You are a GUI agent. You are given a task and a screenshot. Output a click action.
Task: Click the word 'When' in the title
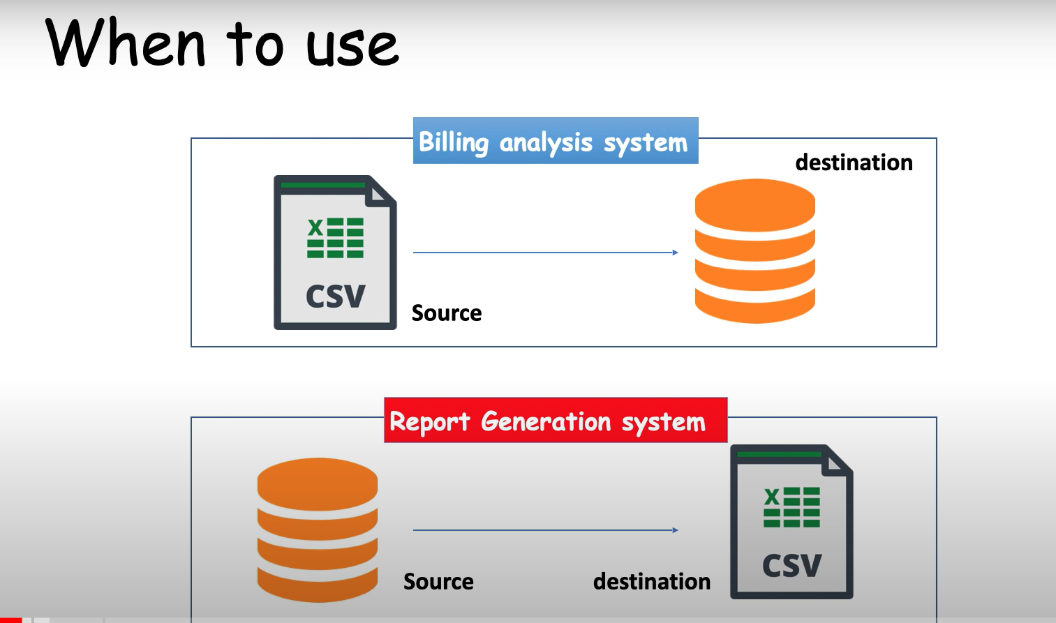pos(126,43)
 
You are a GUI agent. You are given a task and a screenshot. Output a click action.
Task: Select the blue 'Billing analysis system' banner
pos(556,140)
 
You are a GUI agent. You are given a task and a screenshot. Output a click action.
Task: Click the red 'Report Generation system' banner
pos(556,420)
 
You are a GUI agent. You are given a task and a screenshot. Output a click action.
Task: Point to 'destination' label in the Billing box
pos(854,162)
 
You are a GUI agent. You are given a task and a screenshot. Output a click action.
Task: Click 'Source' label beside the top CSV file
pos(447,313)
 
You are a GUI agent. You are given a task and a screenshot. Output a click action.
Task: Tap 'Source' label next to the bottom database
pos(438,581)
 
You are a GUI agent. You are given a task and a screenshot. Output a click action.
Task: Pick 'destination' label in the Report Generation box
pos(651,581)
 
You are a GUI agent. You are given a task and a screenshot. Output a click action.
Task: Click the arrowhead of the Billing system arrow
pos(675,253)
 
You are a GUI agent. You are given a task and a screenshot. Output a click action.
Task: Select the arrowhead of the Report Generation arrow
pos(675,530)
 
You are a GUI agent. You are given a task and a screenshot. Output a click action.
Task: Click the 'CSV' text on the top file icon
pos(335,296)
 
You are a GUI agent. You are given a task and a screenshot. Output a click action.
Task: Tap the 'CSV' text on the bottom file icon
pos(791,566)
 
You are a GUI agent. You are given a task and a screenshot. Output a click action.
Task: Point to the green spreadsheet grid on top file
pos(335,238)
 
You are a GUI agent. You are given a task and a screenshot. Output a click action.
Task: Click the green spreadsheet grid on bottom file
pos(791,507)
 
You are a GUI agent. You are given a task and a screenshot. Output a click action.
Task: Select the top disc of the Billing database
pos(754,205)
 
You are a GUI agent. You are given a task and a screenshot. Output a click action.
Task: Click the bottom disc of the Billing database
pos(754,307)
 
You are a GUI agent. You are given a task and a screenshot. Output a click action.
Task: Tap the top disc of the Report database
pos(318,484)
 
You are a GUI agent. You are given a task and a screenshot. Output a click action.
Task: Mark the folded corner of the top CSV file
pos(380,194)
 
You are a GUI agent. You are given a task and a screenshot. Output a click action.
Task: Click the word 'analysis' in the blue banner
pos(545,142)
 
